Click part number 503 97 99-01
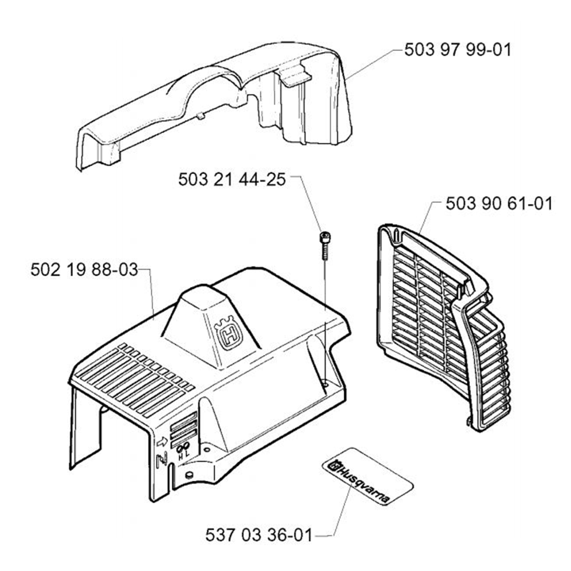pyautogui.click(x=458, y=50)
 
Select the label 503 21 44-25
pyautogui.click(x=232, y=179)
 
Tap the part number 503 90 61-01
pyautogui.click(x=499, y=204)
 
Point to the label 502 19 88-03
pyautogui.click(x=84, y=270)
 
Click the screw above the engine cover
pyautogui.click(x=324, y=246)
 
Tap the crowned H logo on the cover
pyautogui.click(x=228, y=333)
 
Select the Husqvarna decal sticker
pyautogui.click(x=367, y=477)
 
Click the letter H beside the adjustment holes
pyautogui.click(x=180, y=457)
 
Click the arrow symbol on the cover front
pyautogui.click(x=162, y=442)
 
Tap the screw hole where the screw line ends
pyautogui.click(x=325, y=383)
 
